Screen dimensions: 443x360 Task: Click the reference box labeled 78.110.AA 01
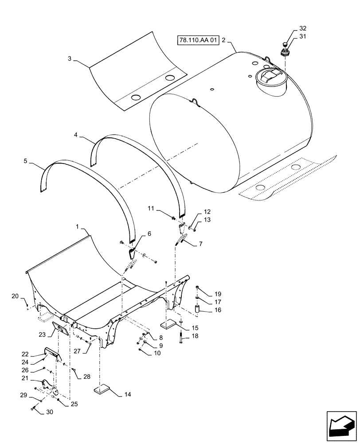[x=199, y=40]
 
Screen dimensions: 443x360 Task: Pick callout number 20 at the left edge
[x=15, y=296]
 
